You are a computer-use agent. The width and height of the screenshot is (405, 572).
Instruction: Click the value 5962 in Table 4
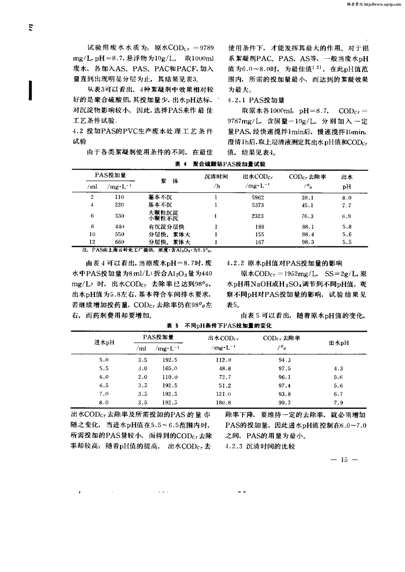tap(258, 197)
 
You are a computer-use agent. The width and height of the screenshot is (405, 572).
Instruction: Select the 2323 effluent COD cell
tap(258, 215)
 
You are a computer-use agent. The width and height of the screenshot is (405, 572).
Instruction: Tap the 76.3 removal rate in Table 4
tap(307, 215)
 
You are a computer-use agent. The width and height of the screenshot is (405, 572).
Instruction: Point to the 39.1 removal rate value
tap(307, 197)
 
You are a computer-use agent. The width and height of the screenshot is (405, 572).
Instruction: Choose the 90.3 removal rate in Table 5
tap(284, 402)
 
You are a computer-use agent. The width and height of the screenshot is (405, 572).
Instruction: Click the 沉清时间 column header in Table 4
tap(217, 176)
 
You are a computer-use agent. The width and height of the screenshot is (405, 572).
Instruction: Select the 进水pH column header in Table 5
tap(104, 342)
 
